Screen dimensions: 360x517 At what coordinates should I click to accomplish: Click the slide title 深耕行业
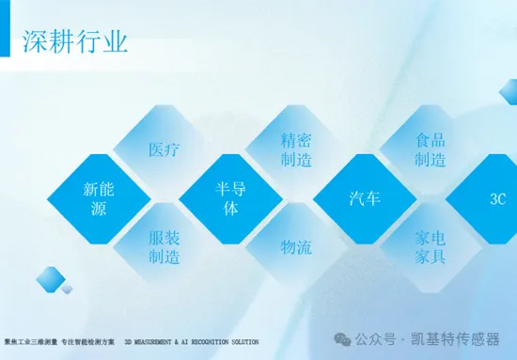point(75,41)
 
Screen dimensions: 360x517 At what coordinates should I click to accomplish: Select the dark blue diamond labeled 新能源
point(99,198)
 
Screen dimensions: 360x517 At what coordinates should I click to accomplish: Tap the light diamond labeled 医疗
point(164,149)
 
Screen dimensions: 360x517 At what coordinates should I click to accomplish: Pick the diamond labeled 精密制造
point(296,149)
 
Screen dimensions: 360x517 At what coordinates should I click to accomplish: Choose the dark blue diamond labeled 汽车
point(365,198)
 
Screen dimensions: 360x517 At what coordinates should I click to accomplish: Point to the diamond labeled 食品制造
point(431,149)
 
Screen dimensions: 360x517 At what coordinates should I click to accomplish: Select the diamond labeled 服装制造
point(164,247)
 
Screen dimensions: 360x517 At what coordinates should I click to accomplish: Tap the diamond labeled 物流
point(296,247)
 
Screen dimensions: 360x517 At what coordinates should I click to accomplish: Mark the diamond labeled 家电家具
point(431,247)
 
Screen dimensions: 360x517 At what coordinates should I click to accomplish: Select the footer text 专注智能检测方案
point(88,341)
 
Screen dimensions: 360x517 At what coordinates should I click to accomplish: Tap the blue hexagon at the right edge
point(509,91)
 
